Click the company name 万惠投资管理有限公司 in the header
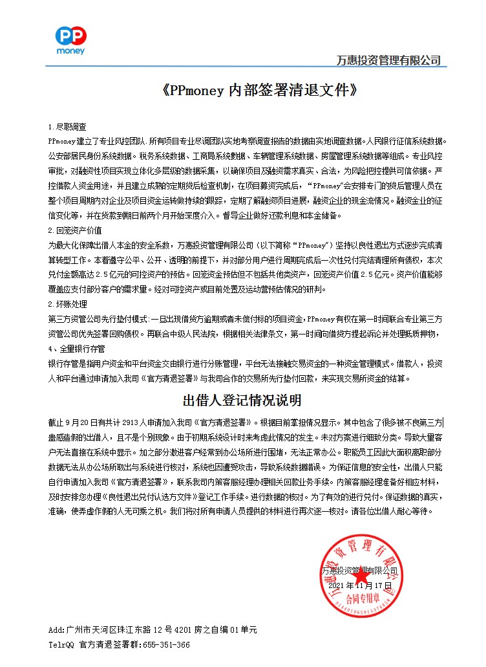388,60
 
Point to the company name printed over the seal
359,571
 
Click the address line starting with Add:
153,629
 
